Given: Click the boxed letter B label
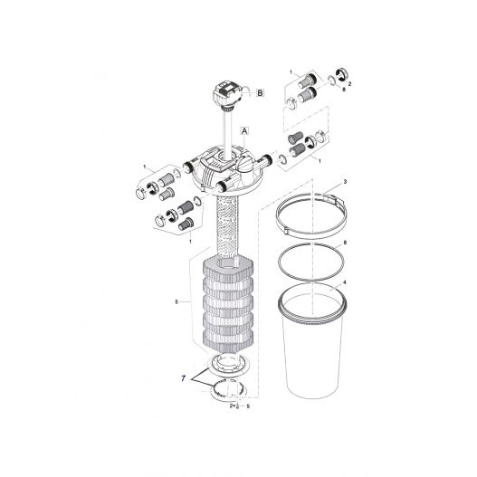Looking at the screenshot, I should tap(261, 92).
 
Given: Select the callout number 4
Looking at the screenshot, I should tap(345, 283).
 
